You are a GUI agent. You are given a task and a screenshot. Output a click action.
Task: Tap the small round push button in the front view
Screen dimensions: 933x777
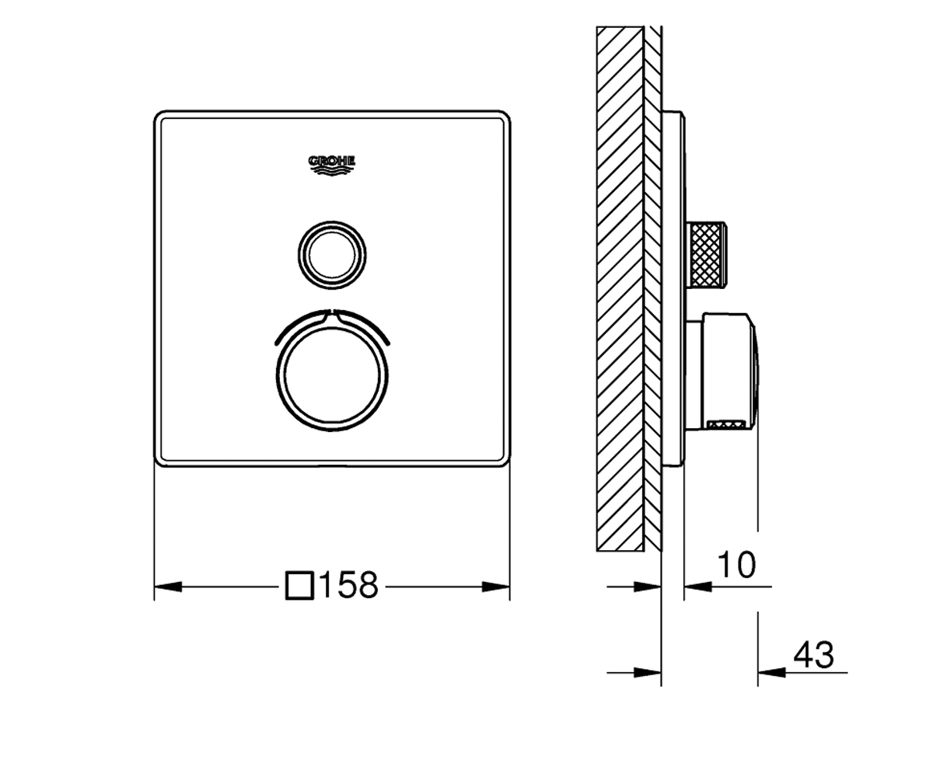(332, 256)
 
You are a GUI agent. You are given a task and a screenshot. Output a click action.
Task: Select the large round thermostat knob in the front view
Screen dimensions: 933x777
(332, 376)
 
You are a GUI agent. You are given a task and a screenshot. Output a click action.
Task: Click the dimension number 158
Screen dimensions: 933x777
(349, 584)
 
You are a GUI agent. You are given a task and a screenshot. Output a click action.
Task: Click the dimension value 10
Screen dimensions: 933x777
(736, 565)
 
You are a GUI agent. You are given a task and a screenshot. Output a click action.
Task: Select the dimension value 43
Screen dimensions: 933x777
(813, 655)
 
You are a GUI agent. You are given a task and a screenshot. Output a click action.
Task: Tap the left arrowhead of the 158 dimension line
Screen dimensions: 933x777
(168, 587)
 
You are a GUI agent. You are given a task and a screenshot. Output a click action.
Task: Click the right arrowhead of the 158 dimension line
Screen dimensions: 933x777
(496, 587)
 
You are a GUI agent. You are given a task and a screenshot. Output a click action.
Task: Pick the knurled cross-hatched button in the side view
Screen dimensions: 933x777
(707, 254)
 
